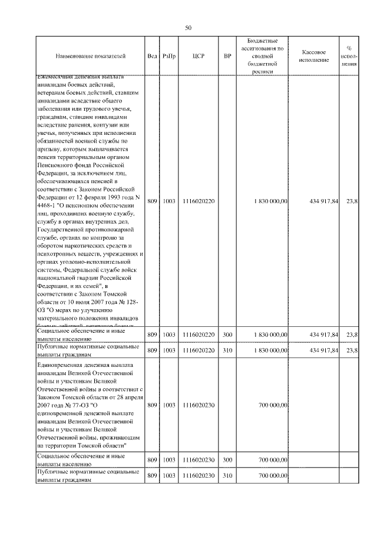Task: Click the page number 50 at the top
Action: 188,28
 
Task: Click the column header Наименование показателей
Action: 91,57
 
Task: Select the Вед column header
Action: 152,57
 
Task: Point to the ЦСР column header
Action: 199,57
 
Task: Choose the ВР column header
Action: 228,57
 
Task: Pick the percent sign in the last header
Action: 349,48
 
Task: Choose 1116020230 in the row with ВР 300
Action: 199,460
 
